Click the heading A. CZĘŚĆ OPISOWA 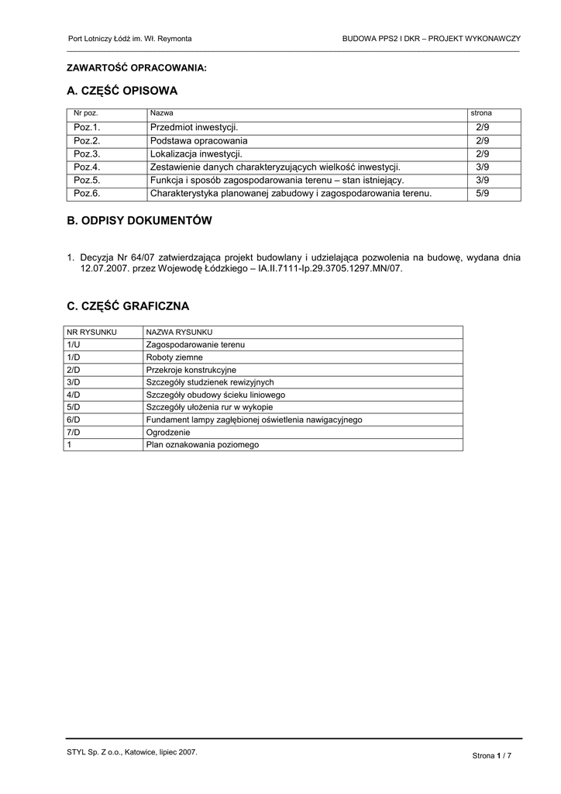click(x=122, y=91)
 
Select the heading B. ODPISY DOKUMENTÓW click(x=139, y=221)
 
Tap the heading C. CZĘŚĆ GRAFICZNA click(x=128, y=306)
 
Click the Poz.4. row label click(x=88, y=167)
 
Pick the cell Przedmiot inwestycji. click(x=194, y=127)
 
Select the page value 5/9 click(x=483, y=193)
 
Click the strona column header click(x=481, y=113)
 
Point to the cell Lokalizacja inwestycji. click(x=196, y=154)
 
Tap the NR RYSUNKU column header click(x=91, y=332)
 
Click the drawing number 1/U click(x=74, y=344)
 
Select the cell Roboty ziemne click(x=174, y=357)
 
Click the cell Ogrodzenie click(x=168, y=432)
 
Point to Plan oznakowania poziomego click(x=202, y=445)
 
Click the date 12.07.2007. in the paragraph click(x=104, y=269)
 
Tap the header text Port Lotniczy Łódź click(x=101, y=38)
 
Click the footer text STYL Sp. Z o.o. click(x=95, y=751)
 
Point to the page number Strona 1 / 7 click(x=492, y=755)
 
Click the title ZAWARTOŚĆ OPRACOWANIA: click(x=137, y=68)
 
